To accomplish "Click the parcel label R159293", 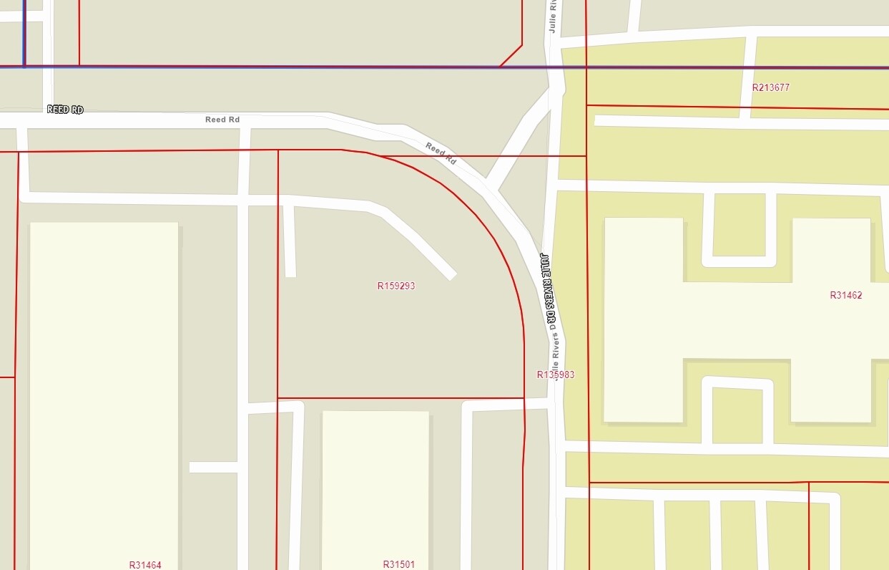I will click(396, 286).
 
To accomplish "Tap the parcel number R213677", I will click(771, 87).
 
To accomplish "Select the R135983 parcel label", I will click(556, 375).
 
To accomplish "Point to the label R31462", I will click(845, 295).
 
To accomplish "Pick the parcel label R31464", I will click(145, 565).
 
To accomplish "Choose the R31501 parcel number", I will click(399, 564).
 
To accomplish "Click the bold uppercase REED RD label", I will click(65, 110).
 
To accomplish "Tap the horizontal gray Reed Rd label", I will click(222, 120).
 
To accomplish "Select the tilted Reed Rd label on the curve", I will click(441, 153).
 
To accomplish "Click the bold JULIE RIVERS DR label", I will click(548, 289).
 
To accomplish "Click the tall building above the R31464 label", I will click(104, 387).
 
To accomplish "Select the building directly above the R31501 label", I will click(375, 487).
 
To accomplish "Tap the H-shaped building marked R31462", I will click(737, 319).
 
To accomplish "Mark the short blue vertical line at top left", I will click(24, 32).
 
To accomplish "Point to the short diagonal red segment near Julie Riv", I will click(511, 56).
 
